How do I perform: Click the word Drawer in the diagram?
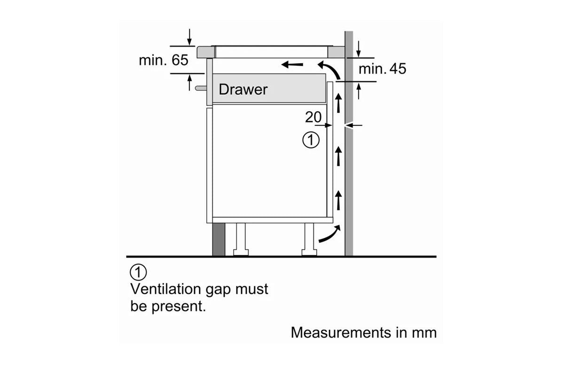click(x=243, y=89)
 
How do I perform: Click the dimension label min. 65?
click(x=163, y=60)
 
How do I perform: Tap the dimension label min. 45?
click(x=382, y=69)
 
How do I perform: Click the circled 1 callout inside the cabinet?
click(x=311, y=140)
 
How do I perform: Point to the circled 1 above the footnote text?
click(x=138, y=272)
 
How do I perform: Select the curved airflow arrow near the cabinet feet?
click(x=329, y=234)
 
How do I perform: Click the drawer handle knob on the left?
click(x=202, y=87)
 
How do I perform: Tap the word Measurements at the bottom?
click(x=340, y=332)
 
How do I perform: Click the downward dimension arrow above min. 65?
click(x=189, y=37)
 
